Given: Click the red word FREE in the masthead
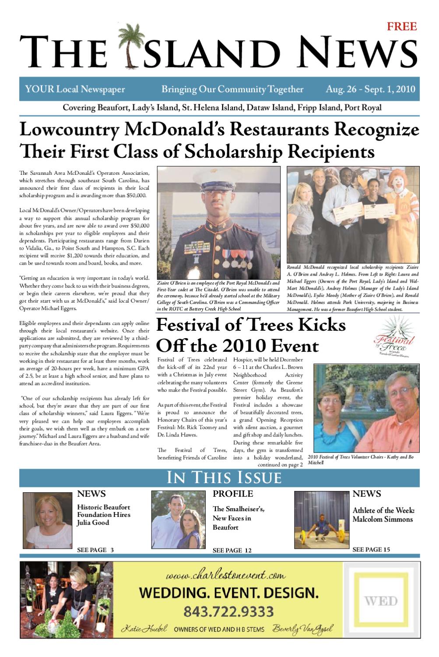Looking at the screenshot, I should [402, 27].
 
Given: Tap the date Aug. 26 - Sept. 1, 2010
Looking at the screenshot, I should [370, 89].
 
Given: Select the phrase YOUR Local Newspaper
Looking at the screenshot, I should [75, 89].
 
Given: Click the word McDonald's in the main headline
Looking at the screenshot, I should [175, 130].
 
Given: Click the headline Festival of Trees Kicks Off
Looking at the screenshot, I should [251, 336].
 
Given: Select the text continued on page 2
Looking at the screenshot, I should [280, 465].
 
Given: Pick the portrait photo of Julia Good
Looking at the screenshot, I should [47, 520].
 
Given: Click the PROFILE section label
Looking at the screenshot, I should [233, 494].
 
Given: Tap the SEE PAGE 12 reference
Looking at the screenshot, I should [232, 551].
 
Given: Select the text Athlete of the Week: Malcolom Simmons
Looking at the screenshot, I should [383, 515].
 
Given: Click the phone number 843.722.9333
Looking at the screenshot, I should [228, 611].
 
